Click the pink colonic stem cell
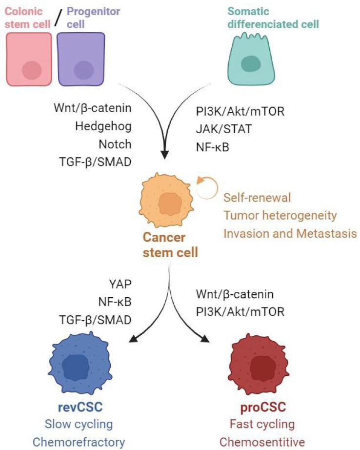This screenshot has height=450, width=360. [29, 59]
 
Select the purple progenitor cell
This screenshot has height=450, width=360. [81, 59]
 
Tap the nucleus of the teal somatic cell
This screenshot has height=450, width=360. [251, 63]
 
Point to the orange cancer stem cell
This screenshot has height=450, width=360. [166, 200]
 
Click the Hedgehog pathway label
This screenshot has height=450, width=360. [103, 126]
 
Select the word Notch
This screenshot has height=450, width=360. [115, 144]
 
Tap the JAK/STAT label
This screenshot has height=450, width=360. [224, 129]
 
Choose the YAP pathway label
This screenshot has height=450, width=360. [120, 284]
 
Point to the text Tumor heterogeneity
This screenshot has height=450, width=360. [280, 216]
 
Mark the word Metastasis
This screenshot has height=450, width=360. [326, 233]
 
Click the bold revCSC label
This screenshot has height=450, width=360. [80, 407]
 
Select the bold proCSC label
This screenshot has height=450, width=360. [263, 407]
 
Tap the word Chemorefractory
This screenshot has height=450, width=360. [79, 442]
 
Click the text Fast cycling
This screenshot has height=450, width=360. [262, 424]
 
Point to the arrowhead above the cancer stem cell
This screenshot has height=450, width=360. [164, 154]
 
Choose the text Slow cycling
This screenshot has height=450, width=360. [79, 424]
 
